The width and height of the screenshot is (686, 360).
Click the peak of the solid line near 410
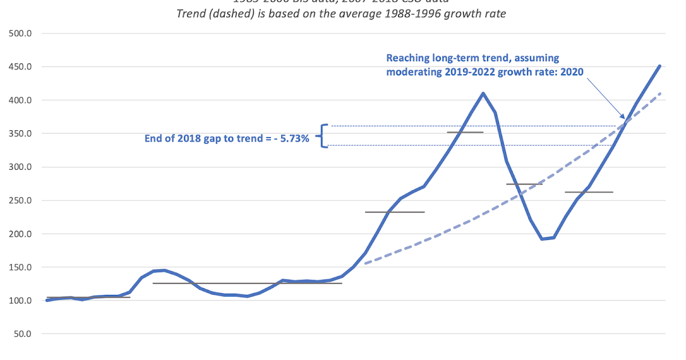484,93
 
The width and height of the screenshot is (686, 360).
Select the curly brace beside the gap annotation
325,136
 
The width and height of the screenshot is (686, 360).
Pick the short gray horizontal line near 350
465,133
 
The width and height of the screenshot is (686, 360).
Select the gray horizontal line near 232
395,212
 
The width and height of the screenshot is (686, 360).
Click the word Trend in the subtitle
192,13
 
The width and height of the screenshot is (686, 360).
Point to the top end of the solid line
659,66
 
